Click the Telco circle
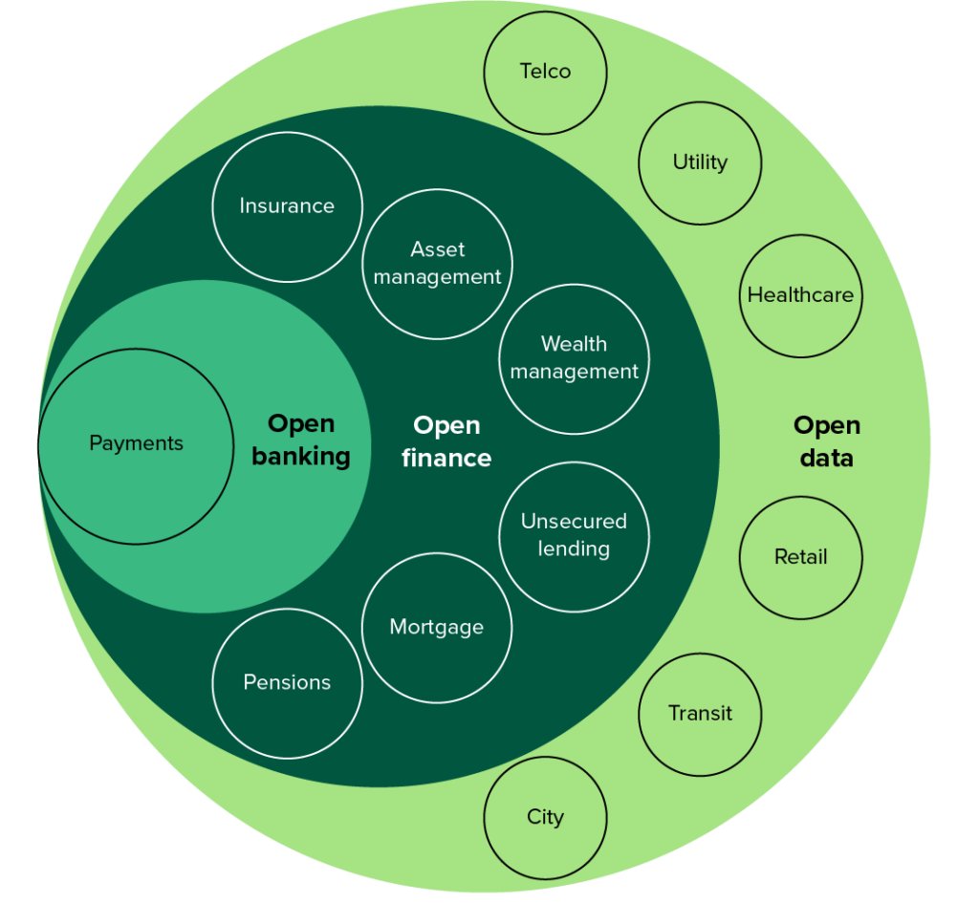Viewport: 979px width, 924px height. tap(545, 72)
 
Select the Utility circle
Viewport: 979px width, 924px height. tap(700, 162)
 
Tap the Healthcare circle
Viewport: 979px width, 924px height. tap(800, 295)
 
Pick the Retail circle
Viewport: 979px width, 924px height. tap(800, 557)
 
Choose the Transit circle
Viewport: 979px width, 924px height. tap(700, 714)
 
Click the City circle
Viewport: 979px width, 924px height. tap(545, 817)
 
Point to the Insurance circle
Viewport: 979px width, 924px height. tap(287, 206)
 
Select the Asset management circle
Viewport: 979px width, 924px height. tap(437, 264)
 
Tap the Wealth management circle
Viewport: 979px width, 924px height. tap(574, 358)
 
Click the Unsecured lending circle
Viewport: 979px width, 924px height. tap(574, 535)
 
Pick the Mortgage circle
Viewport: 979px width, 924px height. tap(437, 628)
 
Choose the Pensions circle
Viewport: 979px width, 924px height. tap(287, 683)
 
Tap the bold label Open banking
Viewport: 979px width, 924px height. tap(300, 441)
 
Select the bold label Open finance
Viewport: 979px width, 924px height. tap(446, 441)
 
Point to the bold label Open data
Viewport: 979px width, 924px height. tap(826, 441)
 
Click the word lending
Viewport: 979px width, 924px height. tap(574, 548)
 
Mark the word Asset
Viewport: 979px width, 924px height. tap(437, 249)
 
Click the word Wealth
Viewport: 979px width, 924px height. tap(574, 344)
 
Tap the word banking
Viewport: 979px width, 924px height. tap(300, 457)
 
